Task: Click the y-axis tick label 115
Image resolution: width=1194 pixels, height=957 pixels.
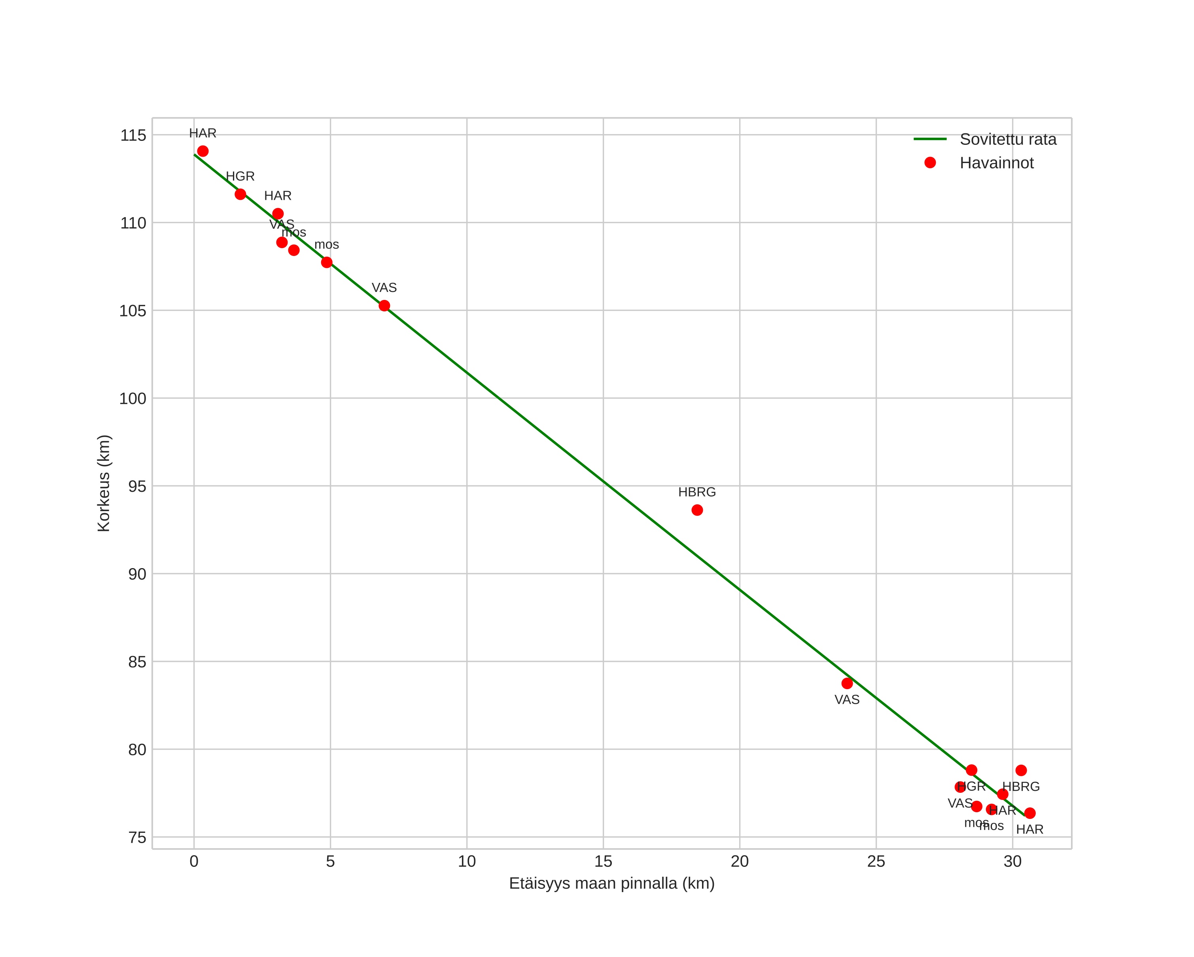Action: point(133,135)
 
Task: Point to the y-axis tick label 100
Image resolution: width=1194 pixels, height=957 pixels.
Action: point(133,398)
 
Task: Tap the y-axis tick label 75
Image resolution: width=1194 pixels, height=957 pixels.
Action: point(137,838)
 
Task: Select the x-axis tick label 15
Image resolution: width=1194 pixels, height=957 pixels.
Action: point(603,861)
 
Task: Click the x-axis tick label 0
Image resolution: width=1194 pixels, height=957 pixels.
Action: point(194,861)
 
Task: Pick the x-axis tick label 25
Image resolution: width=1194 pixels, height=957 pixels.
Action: point(876,861)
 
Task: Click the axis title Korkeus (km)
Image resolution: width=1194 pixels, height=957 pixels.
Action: point(104,483)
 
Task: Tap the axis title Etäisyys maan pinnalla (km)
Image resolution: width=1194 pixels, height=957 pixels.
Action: point(611,883)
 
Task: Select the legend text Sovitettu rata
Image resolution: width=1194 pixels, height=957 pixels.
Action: point(1008,140)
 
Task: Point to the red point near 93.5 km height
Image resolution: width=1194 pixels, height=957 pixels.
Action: point(697,510)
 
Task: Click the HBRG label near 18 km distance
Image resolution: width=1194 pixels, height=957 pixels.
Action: point(697,492)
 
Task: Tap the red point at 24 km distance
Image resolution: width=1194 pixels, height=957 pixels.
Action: point(847,683)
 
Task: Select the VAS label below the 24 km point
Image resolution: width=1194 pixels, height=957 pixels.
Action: point(847,700)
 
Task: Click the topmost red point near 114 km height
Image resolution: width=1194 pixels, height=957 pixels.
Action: point(203,151)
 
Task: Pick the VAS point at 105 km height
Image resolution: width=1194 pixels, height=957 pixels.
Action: point(384,306)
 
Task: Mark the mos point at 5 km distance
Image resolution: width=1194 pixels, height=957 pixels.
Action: point(327,263)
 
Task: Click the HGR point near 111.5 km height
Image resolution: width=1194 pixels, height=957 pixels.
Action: point(240,194)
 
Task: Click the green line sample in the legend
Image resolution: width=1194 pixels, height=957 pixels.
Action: point(930,139)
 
